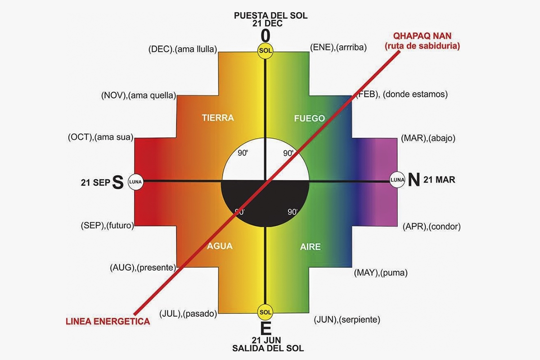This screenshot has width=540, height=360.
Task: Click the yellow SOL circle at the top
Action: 265,51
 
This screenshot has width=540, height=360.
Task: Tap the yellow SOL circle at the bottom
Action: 265,312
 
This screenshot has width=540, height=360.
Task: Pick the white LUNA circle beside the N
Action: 397,180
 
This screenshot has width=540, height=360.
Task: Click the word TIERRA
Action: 218,118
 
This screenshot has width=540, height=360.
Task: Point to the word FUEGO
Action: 309,118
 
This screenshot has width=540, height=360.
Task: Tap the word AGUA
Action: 220,246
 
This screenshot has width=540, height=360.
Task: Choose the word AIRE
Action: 310,247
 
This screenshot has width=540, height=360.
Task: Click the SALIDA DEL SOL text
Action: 268,348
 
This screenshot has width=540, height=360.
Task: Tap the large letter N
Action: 414,180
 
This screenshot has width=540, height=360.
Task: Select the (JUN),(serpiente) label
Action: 347,320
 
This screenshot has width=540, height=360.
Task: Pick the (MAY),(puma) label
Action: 381,273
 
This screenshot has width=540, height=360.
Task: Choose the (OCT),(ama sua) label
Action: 100,138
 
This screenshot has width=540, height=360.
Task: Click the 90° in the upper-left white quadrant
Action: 243,153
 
